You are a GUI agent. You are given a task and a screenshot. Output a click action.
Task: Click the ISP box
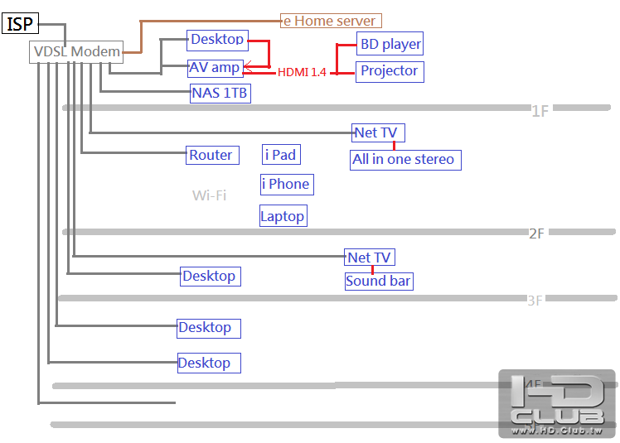(x=21, y=24)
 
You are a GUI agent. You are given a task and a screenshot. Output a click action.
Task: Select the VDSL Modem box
(x=76, y=52)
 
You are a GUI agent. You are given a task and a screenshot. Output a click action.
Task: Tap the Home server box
(x=331, y=21)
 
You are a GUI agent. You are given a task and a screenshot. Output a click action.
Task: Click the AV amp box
(x=215, y=68)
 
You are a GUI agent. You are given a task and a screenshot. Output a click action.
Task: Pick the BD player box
(x=390, y=44)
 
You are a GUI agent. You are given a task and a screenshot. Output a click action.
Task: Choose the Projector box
(x=390, y=71)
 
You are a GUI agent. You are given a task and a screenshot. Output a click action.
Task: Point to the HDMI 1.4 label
(x=302, y=73)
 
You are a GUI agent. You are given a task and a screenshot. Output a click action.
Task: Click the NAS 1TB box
(x=220, y=93)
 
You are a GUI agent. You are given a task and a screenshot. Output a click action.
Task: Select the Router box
(x=211, y=155)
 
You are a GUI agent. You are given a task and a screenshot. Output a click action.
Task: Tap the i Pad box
(x=280, y=155)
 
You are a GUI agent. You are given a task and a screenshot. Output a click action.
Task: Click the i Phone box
(x=286, y=184)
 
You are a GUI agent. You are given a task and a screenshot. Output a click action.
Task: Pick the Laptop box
(x=283, y=216)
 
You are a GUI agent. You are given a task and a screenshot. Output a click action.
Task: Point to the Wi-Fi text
(x=209, y=195)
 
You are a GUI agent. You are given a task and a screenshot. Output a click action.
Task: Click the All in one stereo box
(x=404, y=159)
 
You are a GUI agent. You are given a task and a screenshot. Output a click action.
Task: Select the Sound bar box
(x=379, y=281)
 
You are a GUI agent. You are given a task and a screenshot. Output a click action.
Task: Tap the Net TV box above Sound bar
(x=370, y=258)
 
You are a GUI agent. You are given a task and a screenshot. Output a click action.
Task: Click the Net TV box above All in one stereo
(x=377, y=132)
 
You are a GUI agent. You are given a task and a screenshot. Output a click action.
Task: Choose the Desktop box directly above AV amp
(x=217, y=39)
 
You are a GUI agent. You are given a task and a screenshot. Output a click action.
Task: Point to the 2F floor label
(x=536, y=234)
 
